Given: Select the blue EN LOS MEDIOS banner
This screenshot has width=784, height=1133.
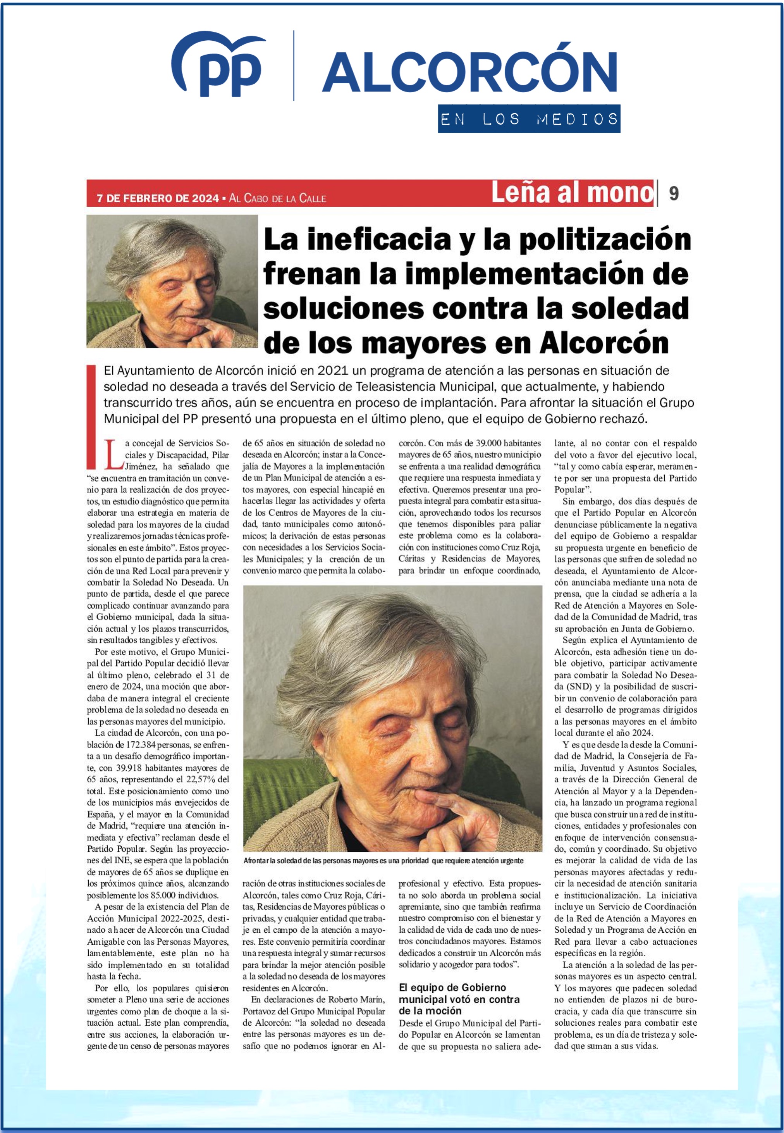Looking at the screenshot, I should [529, 119].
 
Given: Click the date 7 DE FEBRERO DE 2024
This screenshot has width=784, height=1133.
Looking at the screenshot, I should [158, 198].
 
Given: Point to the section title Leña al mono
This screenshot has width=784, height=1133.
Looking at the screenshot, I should [572, 192].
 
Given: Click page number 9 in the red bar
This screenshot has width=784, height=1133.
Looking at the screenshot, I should [674, 193].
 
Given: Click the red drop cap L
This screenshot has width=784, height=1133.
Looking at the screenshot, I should [113, 455].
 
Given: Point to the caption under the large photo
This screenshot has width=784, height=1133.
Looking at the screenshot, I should [383, 861].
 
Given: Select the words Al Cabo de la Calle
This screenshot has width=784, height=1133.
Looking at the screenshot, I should [278, 198].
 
